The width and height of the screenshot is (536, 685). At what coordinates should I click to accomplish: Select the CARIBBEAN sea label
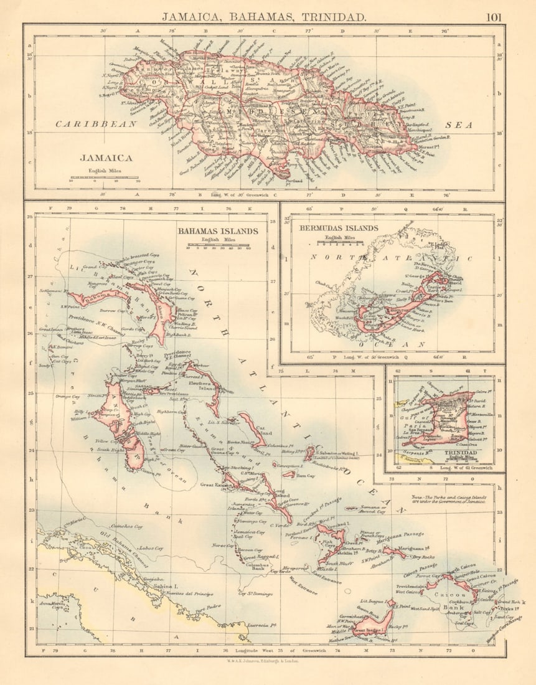(96, 124)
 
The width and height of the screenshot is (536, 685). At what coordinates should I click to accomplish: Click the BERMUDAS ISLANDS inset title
(339, 228)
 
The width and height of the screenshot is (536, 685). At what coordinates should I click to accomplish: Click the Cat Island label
(263, 431)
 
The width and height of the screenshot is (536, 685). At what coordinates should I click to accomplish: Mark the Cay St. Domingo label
(255, 593)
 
